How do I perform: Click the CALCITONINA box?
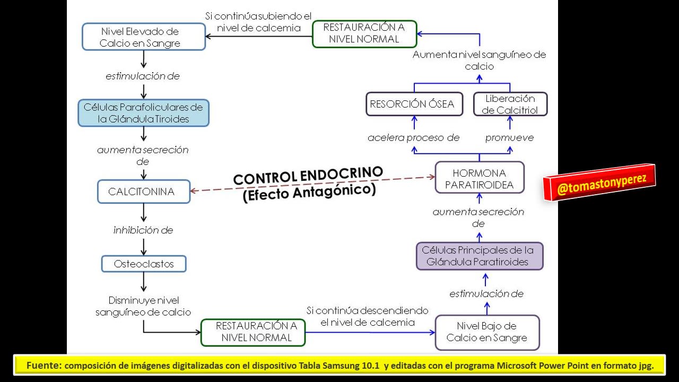(x=143, y=192)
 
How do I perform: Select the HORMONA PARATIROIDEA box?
(x=479, y=179)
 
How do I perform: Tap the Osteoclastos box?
(x=144, y=264)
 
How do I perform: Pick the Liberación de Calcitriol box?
(x=510, y=104)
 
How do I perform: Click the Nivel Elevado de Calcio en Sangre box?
(x=143, y=37)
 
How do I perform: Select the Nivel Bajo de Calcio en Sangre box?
(x=487, y=332)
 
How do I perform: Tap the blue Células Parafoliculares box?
(x=143, y=113)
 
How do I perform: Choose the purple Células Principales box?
(x=479, y=256)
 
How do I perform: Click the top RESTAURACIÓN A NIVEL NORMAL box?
(x=364, y=33)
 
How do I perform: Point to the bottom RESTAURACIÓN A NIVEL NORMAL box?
(x=253, y=332)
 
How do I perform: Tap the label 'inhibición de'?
(x=143, y=230)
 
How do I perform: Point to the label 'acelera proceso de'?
(x=413, y=138)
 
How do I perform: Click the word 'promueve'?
(x=509, y=138)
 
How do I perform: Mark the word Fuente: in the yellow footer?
(x=44, y=365)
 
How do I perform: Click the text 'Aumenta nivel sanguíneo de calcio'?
(x=479, y=60)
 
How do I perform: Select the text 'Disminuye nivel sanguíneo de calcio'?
(x=143, y=307)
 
